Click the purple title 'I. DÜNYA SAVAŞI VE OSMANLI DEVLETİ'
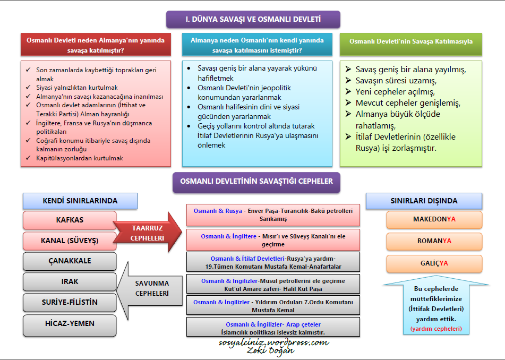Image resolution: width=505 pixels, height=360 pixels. [253, 20]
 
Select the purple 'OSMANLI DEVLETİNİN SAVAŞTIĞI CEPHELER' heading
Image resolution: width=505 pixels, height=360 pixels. [256, 182]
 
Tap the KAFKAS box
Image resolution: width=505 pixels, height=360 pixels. [70, 220]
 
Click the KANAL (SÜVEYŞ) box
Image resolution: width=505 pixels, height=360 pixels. [70, 241]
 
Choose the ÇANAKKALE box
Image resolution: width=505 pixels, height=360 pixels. [70, 261]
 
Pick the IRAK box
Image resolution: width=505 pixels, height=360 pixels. [70, 282]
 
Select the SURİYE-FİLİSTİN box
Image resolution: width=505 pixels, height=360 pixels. [70, 303]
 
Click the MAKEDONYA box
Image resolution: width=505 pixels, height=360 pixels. [434, 219]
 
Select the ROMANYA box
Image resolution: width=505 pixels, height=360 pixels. [434, 241]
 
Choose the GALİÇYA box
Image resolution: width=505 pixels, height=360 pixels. [434, 263]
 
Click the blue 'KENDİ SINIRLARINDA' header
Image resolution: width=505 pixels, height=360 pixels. [80, 201]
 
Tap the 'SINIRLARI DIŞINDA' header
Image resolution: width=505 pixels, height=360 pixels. [424, 201]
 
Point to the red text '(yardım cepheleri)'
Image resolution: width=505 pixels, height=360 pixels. [435, 329]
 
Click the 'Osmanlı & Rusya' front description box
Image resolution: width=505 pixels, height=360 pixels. [273, 215]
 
